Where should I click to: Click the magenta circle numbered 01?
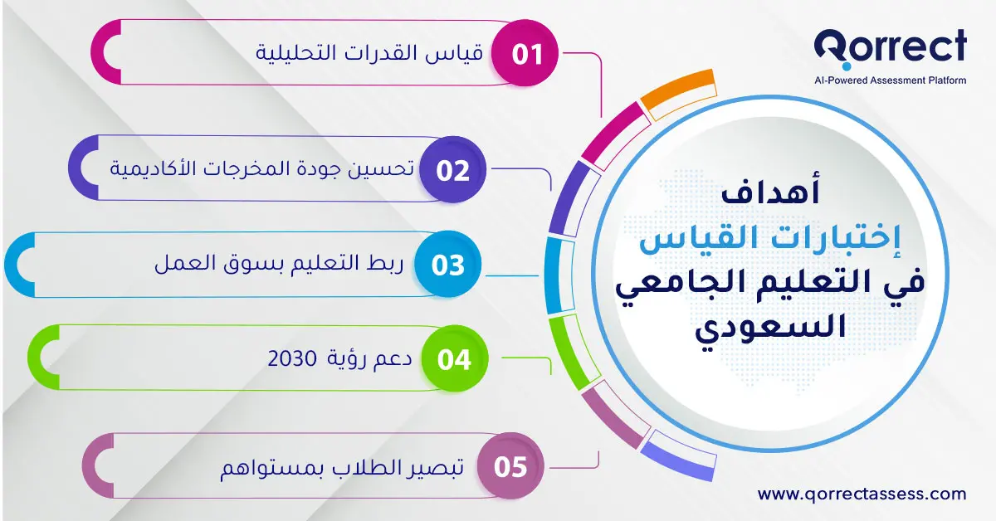pyautogui.click(x=526, y=55)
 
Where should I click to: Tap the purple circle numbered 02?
pyautogui.click(x=453, y=171)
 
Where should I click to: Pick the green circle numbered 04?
pyautogui.click(x=454, y=360)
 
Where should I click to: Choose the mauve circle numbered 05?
pyautogui.click(x=510, y=467)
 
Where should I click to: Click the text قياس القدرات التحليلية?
pyautogui.click(x=369, y=55)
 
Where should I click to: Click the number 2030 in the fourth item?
pyautogui.click(x=292, y=360)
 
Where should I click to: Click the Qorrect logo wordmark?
pyautogui.click(x=890, y=48)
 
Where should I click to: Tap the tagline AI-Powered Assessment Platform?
pyautogui.click(x=890, y=80)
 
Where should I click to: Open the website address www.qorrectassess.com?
pyautogui.click(x=862, y=494)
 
